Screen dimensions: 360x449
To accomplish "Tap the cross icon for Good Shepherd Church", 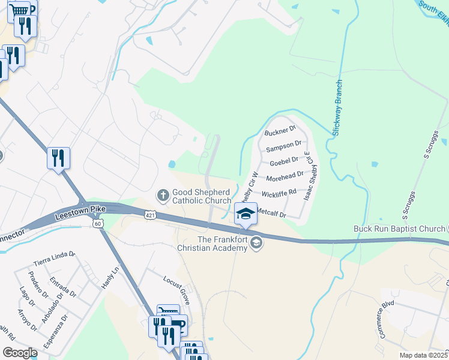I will click(x=163, y=195).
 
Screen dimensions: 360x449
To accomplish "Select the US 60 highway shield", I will click(x=98, y=223).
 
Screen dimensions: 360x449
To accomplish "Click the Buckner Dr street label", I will click(x=280, y=130).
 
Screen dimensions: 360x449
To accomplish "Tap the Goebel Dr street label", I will click(x=284, y=161).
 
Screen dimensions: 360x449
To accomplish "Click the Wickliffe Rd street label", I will click(x=279, y=193).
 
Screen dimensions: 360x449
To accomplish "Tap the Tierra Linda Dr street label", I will click(x=55, y=259).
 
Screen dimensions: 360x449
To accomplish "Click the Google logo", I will click(x=19, y=352).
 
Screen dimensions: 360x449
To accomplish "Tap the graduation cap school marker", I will click(x=245, y=214).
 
